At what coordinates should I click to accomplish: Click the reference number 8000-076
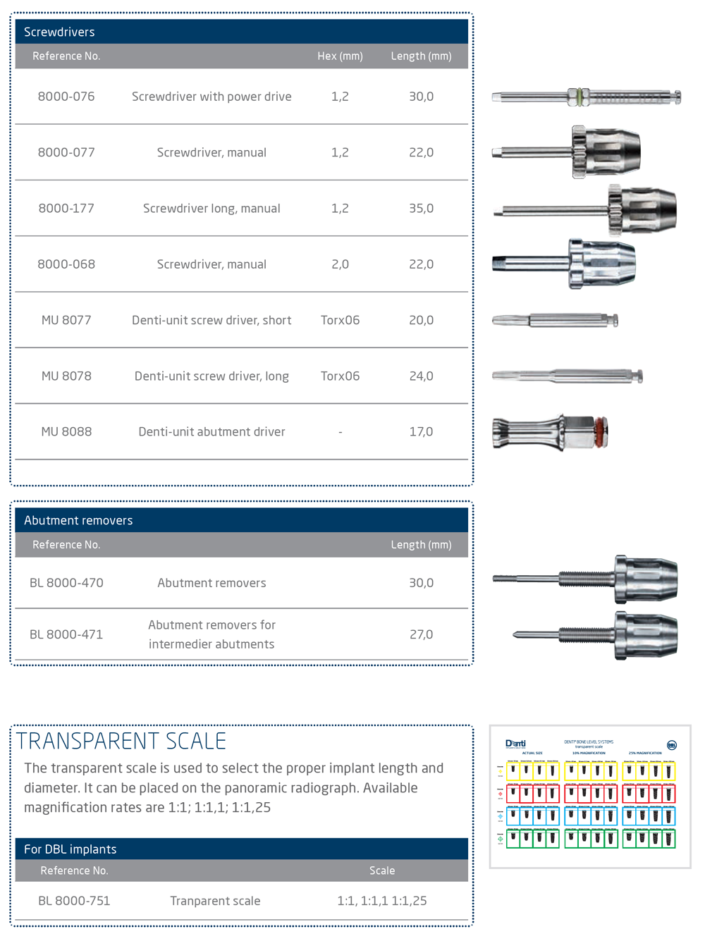66,97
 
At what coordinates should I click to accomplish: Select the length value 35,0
421,209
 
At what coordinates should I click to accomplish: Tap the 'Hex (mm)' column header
340,56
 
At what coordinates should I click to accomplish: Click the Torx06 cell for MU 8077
340,320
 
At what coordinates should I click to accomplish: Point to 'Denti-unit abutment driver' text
211,432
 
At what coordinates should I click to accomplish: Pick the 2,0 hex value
340,264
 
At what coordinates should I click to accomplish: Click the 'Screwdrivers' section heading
59,32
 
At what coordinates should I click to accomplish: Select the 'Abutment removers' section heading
78,521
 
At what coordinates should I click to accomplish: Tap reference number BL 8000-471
66,634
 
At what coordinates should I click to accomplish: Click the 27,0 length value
421,634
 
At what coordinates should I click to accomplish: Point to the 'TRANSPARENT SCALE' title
121,742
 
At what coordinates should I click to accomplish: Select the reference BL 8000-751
74,901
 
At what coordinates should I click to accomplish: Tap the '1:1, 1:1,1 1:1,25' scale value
381,901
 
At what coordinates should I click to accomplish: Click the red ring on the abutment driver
600,433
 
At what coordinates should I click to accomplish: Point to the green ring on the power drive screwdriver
579,97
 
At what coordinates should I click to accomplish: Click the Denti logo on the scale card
515,744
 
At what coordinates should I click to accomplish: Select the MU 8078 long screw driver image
567,376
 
